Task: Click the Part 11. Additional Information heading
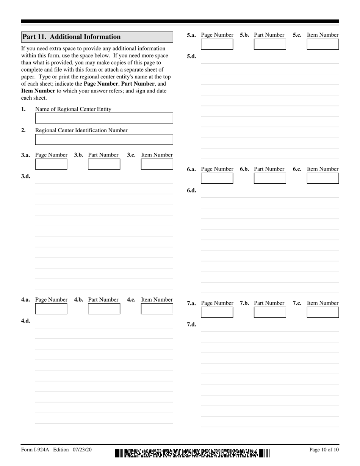point(71,37)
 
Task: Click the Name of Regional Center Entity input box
point(104,118)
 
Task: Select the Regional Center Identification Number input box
point(104,139)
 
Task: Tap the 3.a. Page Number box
point(51,164)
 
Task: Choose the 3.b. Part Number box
point(104,164)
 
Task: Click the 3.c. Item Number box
point(157,164)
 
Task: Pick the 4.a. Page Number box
point(51,309)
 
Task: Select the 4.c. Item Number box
point(157,309)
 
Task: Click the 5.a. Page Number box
point(217,44)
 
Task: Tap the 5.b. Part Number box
point(270,44)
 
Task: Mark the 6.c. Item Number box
point(323,178)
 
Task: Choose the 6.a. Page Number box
point(217,178)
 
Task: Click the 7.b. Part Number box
point(270,312)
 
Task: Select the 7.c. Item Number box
point(323,312)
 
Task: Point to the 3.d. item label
point(26,176)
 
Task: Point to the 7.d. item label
point(191,325)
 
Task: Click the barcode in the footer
point(193,453)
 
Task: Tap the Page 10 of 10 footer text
point(324,450)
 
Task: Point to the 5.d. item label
point(191,56)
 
